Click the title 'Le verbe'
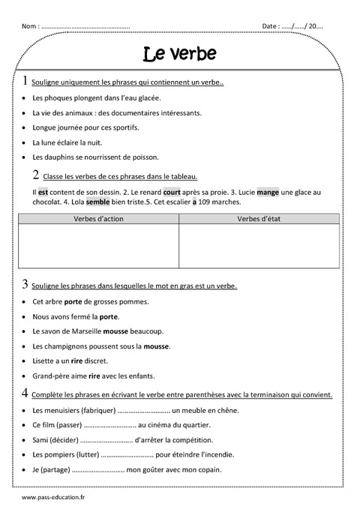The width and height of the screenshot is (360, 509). click(179, 53)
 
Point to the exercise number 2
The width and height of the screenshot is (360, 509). click(36, 175)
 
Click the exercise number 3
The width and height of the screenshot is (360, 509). click(25, 284)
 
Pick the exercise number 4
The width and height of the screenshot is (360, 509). click(25, 393)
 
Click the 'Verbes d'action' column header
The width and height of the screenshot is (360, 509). click(99, 218)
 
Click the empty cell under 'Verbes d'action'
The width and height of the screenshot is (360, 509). click(99, 245)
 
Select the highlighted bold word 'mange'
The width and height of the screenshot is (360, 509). click(268, 192)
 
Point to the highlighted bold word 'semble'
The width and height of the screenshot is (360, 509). click(97, 202)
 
